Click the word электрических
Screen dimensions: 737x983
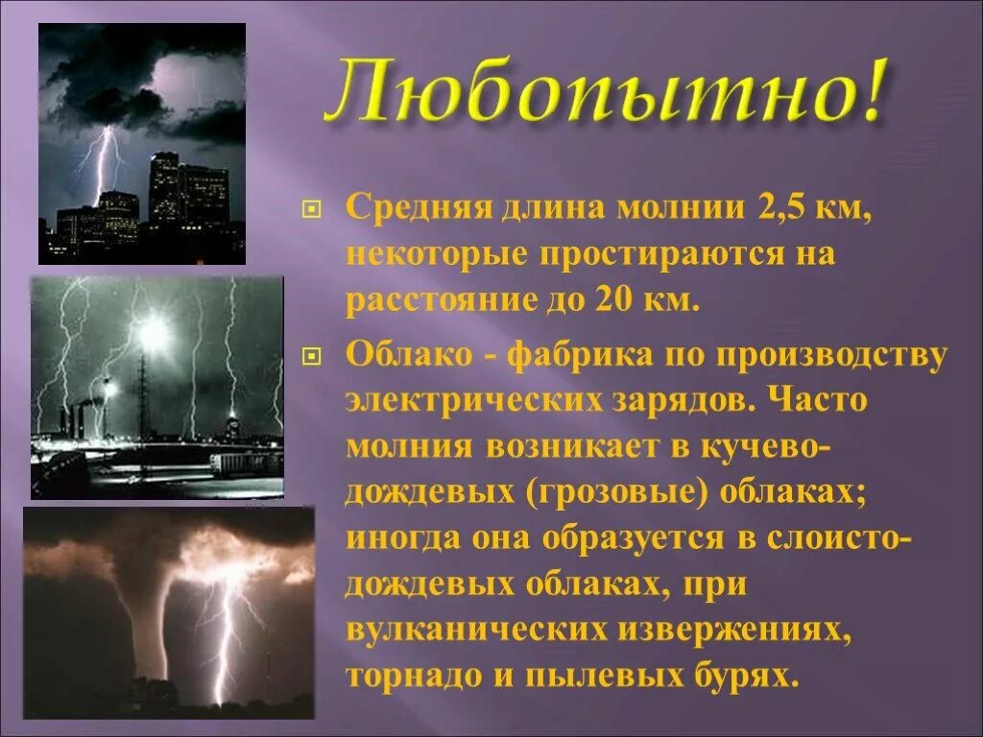(x=471, y=401)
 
